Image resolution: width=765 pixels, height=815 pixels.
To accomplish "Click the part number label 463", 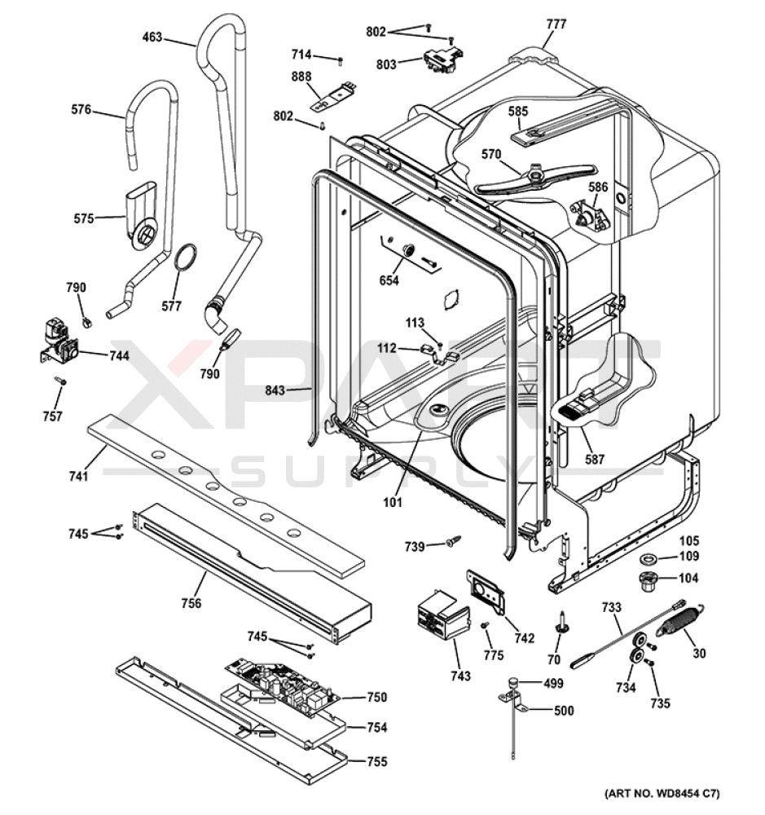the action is pyautogui.click(x=152, y=37).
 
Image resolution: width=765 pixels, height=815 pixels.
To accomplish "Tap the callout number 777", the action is pyautogui.click(x=556, y=24).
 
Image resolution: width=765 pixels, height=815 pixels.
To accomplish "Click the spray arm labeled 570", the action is pyautogui.click(x=536, y=178).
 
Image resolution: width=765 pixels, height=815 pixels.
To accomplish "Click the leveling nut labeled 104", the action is pyautogui.click(x=648, y=580).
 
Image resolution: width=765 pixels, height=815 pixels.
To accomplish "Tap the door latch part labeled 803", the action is pyautogui.click(x=444, y=59).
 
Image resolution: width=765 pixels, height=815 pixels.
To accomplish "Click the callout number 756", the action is pyautogui.click(x=191, y=603).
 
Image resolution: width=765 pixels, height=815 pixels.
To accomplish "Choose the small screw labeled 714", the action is pyautogui.click(x=341, y=61).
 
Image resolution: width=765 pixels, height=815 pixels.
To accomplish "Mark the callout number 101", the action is pyautogui.click(x=393, y=502).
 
